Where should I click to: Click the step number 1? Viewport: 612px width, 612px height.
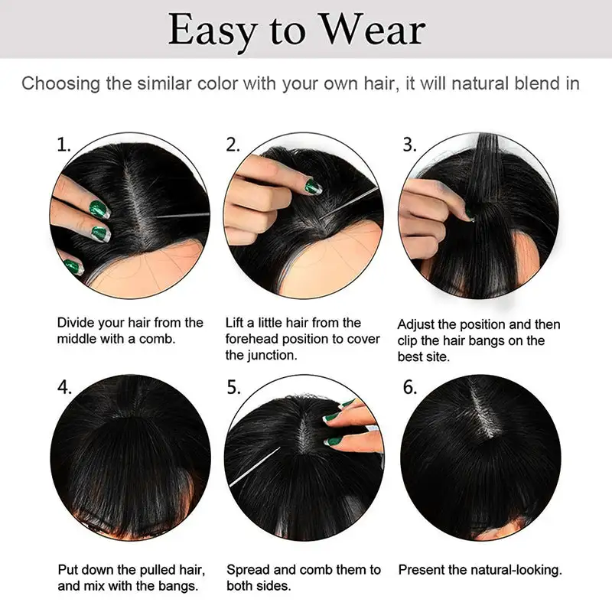pyautogui.click(x=64, y=144)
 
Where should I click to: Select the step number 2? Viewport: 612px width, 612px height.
pyautogui.click(x=233, y=144)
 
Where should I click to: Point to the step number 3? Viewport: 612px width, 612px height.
pyautogui.click(x=410, y=144)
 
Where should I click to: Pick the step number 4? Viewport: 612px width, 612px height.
pyautogui.click(x=65, y=387)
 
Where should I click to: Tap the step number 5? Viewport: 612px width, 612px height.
pyautogui.click(x=234, y=387)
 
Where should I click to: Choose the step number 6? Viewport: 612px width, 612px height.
pyautogui.click(x=410, y=387)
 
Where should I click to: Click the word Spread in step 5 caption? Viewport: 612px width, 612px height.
pyautogui.click(x=248, y=570)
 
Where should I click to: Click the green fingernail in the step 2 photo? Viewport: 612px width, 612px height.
pyautogui.click(x=314, y=186)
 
